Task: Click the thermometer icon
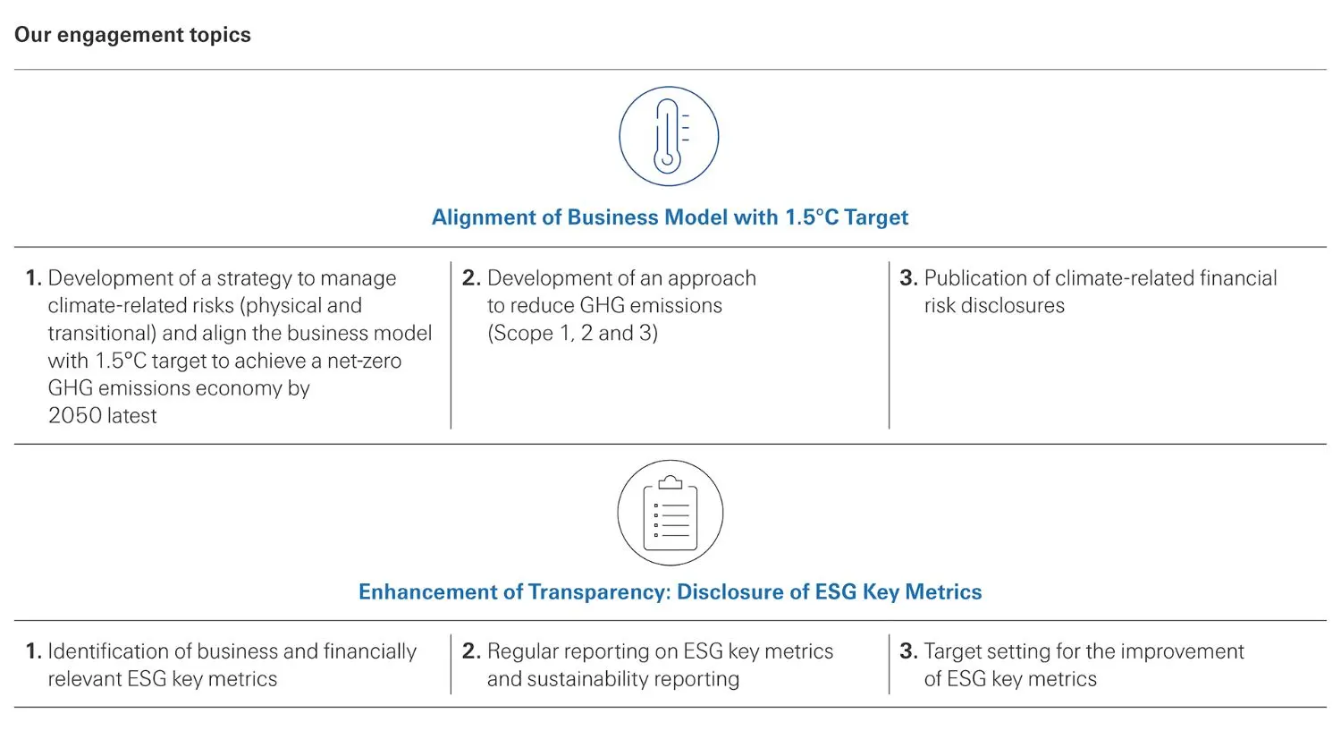click(669, 136)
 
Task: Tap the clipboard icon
click(670, 513)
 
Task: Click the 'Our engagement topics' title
click(132, 35)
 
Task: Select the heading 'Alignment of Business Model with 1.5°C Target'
click(670, 217)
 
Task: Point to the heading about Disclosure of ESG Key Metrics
click(670, 592)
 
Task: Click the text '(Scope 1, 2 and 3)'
click(572, 333)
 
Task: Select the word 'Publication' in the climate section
click(975, 278)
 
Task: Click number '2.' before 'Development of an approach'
click(471, 278)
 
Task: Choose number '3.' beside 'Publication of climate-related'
click(908, 278)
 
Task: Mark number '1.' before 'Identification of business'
click(34, 651)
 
